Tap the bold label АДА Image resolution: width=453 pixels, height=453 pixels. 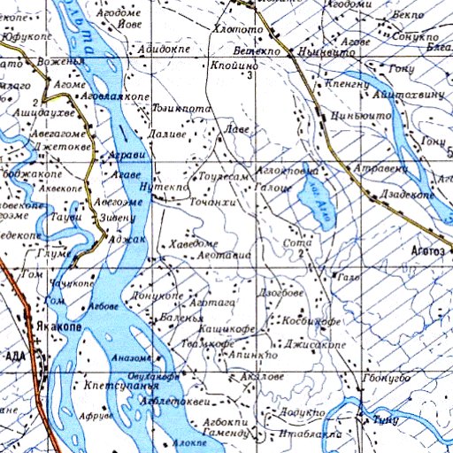(17, 356)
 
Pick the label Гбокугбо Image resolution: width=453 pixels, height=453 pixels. (387, 379)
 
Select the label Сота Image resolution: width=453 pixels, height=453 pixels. (293, 242)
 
